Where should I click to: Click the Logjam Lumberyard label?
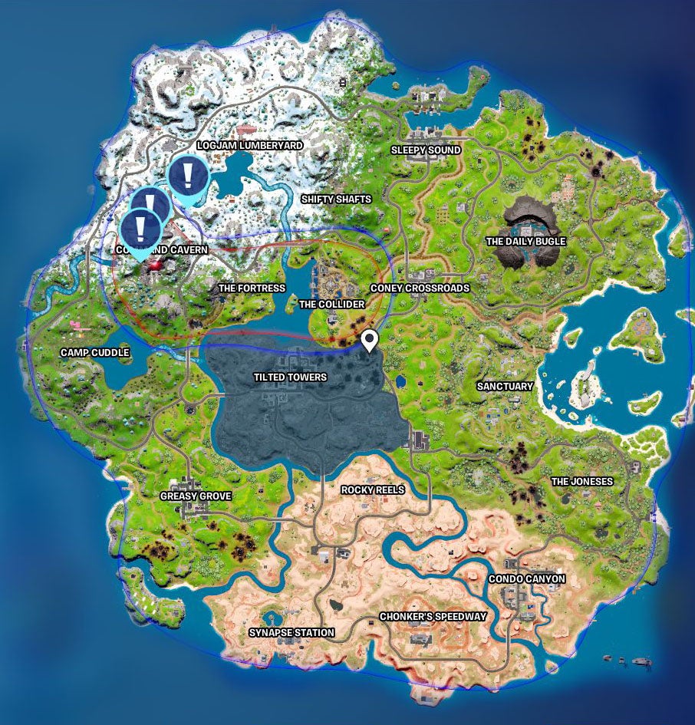click(x=249, y=145)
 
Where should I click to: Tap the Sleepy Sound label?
click(x=426, y=150)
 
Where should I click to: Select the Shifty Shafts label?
click(x=336, y=199)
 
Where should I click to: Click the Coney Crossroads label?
click(x=420, y=288)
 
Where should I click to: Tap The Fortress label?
click(x=252, y=288)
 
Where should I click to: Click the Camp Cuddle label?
click(x=95, y=353)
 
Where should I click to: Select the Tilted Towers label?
click(x=290, y=377)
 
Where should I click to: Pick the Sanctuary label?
click(x=504, y=387)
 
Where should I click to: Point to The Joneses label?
click(x=582, y=482)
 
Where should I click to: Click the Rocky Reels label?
click(x=373, y=489)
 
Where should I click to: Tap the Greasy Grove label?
click(x=195, y=496)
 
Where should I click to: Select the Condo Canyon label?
click(x=527, y=579)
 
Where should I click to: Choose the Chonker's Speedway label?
click(x=433, y=617)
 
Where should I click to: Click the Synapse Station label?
click(x=292, y=633)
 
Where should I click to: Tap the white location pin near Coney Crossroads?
click(x=370, y=338)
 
